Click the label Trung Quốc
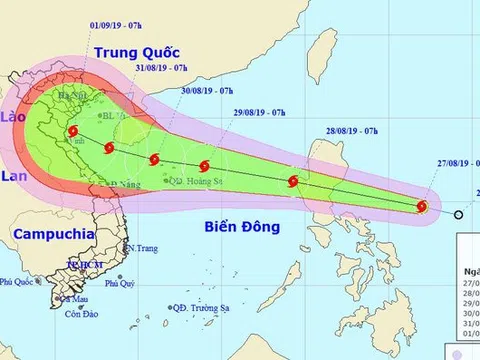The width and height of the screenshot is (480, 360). click(129, 49)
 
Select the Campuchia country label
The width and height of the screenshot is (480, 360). click(47, 233)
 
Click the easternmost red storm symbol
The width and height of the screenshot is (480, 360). click(422, 207)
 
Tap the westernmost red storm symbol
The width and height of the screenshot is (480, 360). click(74, 132)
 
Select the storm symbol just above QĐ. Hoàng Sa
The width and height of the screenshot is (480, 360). click(204, 166)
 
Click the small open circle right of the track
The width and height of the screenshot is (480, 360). click(458, 214)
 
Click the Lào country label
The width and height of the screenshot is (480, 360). click(16, 117)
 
